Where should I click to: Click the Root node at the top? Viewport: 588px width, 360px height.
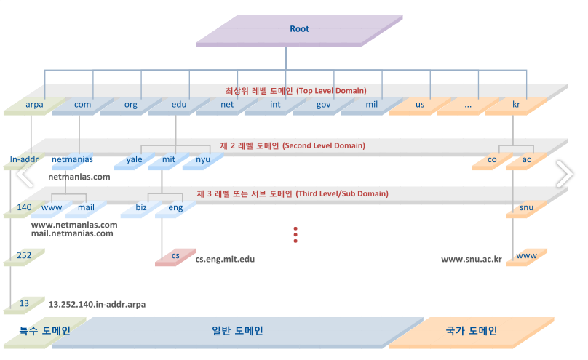[299, 30]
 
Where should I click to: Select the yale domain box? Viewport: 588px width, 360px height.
[134, 159]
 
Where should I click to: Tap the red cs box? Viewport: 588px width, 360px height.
[175, 257]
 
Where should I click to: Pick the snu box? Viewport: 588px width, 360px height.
[526, 208]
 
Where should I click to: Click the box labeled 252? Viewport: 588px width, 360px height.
[24, 257]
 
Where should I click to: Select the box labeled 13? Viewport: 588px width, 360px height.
[24, 304]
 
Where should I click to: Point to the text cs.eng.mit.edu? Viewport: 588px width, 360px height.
[226, 259]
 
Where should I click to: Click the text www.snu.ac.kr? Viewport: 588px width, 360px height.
[472, 259]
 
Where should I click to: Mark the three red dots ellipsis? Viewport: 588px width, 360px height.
[295, 234]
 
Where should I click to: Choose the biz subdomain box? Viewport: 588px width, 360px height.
[141, 208]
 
